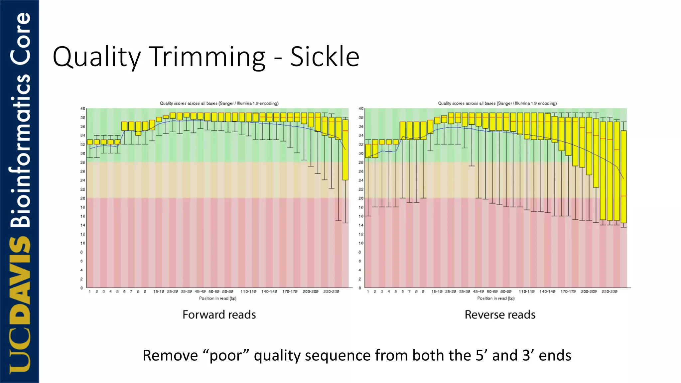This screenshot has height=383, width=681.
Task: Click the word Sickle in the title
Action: coord(325,57)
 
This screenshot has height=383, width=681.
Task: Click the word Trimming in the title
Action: coord(208,57)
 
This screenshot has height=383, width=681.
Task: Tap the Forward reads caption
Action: coord(219,315)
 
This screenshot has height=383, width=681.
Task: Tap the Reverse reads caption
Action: coord(500,315)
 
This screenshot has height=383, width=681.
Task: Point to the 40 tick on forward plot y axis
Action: coord(82,108)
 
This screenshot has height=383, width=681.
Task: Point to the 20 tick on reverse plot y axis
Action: coord(361,198)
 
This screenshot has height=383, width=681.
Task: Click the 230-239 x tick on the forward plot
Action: coord(331,292)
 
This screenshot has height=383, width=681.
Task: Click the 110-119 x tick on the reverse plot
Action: coord(527,292)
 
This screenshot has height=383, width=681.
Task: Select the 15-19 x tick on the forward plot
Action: coord(159,292)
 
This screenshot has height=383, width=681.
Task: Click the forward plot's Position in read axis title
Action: coord(217,298)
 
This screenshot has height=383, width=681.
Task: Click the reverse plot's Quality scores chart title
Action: coord(497,103)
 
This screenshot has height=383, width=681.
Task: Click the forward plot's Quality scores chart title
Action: coord(219,103)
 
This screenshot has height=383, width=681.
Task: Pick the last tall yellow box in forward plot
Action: coord(345,150)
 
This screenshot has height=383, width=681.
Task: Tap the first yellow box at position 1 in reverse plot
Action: coord(368,151)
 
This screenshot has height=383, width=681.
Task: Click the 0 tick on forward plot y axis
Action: coord(81,288)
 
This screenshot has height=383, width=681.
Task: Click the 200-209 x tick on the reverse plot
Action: coord(589,292)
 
